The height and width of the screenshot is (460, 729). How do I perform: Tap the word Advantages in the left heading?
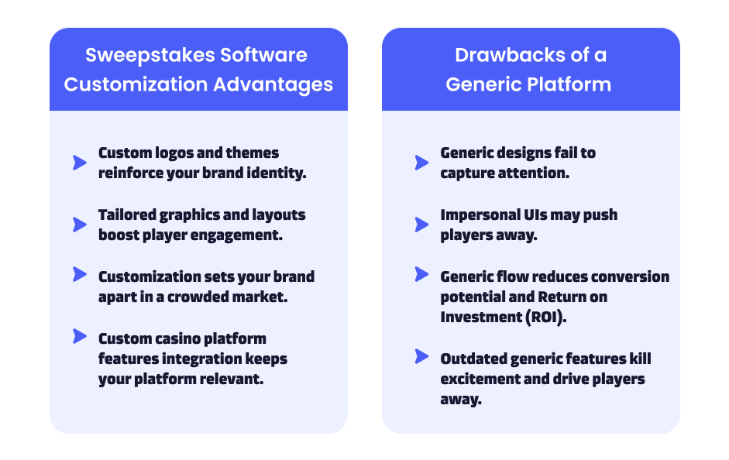click(273, 85)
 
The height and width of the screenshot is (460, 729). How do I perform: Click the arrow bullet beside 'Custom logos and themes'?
click(80, 163)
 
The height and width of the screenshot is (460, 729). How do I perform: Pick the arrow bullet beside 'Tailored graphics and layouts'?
click(80, 225)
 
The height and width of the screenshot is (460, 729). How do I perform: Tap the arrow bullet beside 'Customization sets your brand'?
click(80, 274)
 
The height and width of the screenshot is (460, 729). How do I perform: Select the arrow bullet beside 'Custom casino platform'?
click(80, 336)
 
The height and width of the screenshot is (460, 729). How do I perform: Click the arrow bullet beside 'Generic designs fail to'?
click(421, 163)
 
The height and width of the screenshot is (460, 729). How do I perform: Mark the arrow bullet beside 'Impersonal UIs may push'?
click(421, 225)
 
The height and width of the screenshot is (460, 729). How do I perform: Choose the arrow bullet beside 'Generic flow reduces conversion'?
click(421, 274)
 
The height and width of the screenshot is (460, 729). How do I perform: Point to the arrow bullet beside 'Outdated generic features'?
click(421, 356)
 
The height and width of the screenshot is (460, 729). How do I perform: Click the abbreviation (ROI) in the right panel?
click(546, 318)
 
